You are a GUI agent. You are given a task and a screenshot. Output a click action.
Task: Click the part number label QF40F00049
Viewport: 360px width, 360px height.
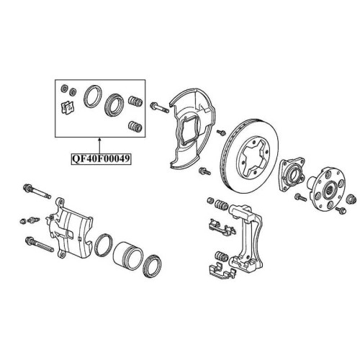pos(101,158)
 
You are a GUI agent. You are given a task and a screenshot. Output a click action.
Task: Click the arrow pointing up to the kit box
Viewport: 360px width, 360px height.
pos(99,145)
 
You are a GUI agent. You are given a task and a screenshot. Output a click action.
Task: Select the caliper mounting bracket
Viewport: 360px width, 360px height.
pos(247,238)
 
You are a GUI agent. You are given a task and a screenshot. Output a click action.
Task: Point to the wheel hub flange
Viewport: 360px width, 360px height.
pos(327,189)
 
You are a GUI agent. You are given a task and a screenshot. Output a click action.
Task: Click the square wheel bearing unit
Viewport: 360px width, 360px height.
pos(291,174)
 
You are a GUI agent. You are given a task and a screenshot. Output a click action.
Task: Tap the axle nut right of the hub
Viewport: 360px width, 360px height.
pos(351,199)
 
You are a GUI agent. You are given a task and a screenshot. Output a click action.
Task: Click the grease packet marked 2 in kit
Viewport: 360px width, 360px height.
pos(68,108)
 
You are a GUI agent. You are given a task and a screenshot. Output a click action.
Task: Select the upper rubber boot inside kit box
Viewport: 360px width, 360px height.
pos(136,102)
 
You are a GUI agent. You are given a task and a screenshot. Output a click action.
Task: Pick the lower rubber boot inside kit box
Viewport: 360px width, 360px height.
pos(135,126)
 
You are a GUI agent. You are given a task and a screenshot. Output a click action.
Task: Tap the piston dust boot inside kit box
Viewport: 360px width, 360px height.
pos(114,105)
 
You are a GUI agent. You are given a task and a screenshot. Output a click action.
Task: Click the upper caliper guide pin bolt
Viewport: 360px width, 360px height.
pos(37,192)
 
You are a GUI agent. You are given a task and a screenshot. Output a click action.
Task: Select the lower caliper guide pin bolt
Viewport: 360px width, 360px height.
pos(39,244)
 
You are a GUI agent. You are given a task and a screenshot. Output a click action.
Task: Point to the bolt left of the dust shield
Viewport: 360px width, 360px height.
pos(159,107)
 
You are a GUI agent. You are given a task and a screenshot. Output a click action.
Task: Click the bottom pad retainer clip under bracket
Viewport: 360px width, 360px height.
pos(222,271)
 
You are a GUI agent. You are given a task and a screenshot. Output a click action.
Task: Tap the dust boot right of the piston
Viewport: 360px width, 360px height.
pos(152,266)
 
